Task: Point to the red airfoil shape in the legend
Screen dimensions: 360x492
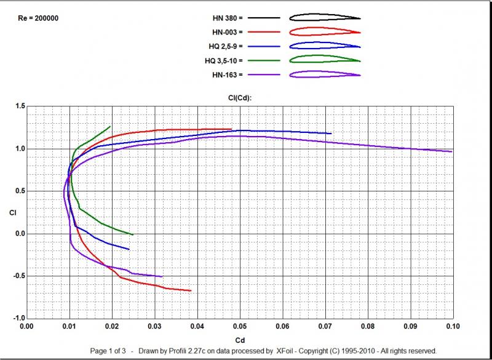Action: [x=325, y=31]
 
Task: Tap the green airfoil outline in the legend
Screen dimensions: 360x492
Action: [x=325, y=60]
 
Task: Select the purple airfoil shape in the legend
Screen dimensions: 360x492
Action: [x=325, y=74]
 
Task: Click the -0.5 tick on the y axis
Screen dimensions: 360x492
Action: [x=19, y=276]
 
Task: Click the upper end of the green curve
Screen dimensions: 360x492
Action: [x=110, y=127]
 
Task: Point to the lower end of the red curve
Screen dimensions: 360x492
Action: [x=191, y=290]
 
